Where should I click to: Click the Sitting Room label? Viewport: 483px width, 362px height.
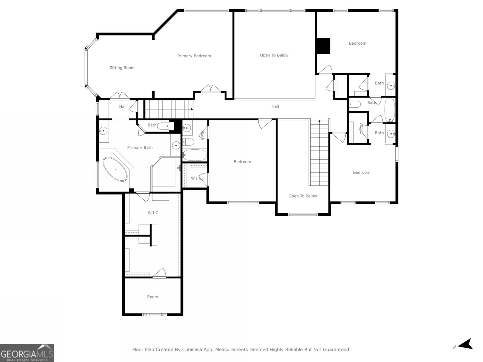click(x=122, y=68)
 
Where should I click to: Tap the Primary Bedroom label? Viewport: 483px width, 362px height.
click(x=194, y=56)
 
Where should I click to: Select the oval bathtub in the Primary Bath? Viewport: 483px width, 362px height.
click(x=115, y=169)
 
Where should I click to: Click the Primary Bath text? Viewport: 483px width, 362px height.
click(x=140, y=148)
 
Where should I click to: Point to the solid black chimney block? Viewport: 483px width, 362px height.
click(x=323, y=46)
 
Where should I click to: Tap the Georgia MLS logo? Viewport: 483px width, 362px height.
click(x=27, y=353)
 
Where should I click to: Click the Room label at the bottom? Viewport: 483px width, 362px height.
click(x=152, y=297)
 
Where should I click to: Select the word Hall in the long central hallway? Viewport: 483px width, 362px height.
click(x=275, y=106)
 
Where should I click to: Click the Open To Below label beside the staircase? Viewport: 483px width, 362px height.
click(x=302, y=196)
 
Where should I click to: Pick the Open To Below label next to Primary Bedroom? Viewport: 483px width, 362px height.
click(x=274, y=55)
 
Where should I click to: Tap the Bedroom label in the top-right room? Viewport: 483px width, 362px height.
click(x=357, y=43)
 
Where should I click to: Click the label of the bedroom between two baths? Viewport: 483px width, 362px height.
click(x=242, y=162)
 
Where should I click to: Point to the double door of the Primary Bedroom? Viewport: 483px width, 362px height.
click(x=211, y=89)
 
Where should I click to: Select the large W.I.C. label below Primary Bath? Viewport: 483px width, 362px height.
click(x=154, y=213)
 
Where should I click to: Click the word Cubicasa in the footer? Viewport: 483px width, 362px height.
click(x=192, y=349)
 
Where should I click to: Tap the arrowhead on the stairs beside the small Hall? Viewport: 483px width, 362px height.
click(x=192, y=109)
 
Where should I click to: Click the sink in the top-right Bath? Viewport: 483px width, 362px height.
click(x=391, y=85)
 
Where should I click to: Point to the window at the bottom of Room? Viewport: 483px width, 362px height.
click(x=155, y=315)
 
